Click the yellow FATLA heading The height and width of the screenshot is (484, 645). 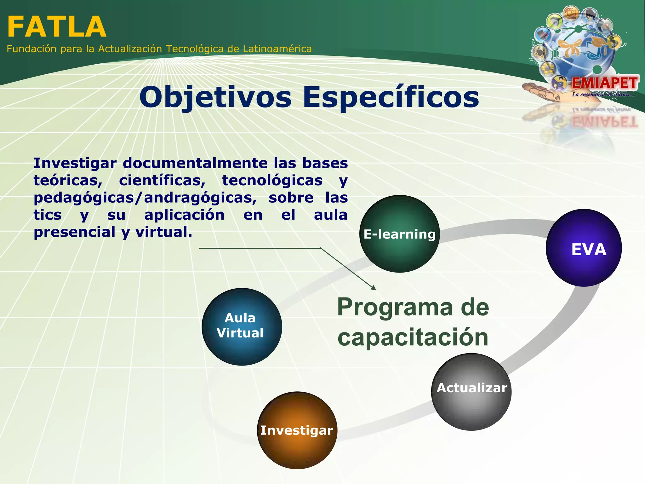tap(57, 27)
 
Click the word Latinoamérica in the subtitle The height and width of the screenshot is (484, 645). tap(277, 49)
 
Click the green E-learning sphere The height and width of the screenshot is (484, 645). tap(399, 234)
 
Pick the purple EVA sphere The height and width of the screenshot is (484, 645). tap(584, 248)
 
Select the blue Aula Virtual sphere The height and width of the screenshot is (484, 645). tap(242, 326)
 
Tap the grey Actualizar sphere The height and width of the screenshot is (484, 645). tap(471, 392)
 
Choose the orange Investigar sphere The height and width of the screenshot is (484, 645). tap(297, 430)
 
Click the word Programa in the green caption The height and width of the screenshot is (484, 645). tap(395, 307)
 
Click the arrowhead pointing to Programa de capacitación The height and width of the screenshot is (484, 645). tap(374, 288)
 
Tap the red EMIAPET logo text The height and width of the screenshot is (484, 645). tap(604, 83)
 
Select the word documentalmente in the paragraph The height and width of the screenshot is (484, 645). tap(195, 163)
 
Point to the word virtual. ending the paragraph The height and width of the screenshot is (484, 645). tap(164, 232)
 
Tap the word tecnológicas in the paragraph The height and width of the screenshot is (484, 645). tap(272, 181)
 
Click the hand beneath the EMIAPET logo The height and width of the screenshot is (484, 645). tap(542, 91)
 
